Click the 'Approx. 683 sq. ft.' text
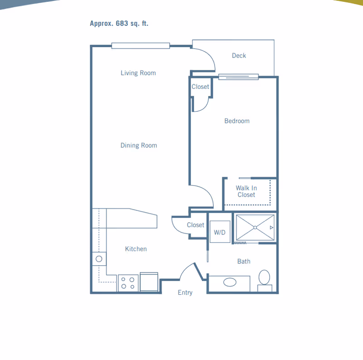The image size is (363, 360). click(x=119, y=24)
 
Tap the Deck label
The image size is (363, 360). click(x=239, y=55)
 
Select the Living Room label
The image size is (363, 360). click(x=138, y=73)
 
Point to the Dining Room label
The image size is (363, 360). click(x=139, y=146)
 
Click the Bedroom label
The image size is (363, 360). click(x=237, y=121)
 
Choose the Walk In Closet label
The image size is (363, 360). click(x=246, y=191)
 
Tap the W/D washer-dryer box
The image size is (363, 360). click(x=220, y=232)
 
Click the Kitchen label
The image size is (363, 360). click(x=136, y=249)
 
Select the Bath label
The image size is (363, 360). click(x=244, y=262)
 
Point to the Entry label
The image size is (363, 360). click(x=185, y=293)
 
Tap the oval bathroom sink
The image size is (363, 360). click(x=230, y=282)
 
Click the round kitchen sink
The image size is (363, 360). click(x=99, y=259)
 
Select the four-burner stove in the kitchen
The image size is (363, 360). click(x=128, y=283)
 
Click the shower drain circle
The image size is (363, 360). click(x=255, y=228)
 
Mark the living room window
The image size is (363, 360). click(x=141, y=46)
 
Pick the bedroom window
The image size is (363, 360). click(x=239, y=77)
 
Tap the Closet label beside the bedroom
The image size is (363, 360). click(x=200, y=87)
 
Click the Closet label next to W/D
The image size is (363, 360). click(x=196, y=225)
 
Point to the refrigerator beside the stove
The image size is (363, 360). click(x=149, y=282)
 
